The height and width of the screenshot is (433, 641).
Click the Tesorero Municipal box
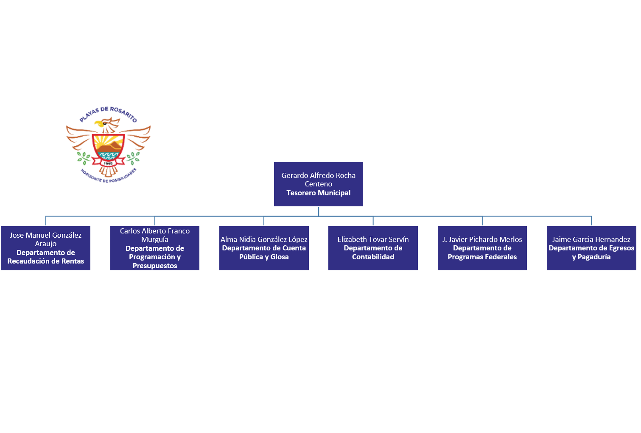[318, 184]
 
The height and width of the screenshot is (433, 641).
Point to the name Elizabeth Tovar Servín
[373, 239]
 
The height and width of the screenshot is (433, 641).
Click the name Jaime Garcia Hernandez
[591, 239]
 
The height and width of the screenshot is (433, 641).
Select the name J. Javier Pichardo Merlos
[482, 239]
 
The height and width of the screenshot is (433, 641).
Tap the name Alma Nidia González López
[264, 239]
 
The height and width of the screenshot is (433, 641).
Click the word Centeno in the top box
[318, 184]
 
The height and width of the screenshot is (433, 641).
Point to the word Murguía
[154, 239]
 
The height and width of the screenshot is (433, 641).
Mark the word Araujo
[45, 244]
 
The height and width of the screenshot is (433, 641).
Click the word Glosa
[279, 257]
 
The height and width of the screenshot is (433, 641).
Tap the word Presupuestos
[154, 266]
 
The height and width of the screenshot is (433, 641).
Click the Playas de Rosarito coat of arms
[108, 144]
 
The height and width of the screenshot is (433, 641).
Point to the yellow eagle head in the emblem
[99, 124]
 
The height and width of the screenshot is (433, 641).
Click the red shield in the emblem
[108, 148]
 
